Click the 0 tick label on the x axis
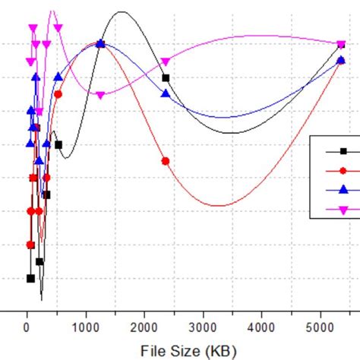27,327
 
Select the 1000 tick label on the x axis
86,327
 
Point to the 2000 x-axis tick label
144,327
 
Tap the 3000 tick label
203,327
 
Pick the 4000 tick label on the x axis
261,327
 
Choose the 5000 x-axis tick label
320,327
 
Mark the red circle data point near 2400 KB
166,161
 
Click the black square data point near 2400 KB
166,77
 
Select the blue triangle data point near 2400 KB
166,93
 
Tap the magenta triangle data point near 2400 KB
166,62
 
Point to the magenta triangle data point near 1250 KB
100,95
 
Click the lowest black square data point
30,278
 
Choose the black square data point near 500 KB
58,144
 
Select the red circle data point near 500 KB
58,94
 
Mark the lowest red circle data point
30,245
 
